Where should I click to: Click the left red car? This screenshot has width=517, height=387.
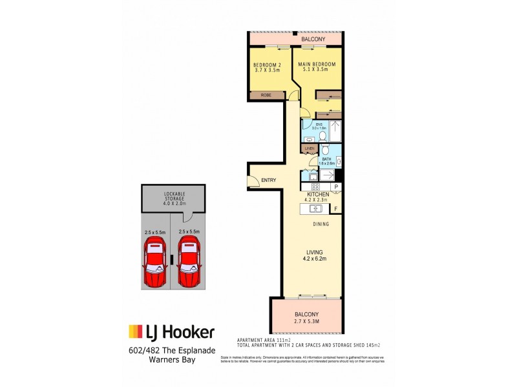(155, 263)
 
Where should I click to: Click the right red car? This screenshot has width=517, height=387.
(189, 263)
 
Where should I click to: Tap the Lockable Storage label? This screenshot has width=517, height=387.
(173, 199)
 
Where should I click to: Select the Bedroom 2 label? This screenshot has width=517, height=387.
(266, 67)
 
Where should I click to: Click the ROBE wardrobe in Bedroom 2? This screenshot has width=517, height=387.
(266, 95)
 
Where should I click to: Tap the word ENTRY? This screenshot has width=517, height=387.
(268, 181)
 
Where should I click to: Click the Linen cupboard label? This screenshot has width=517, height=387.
(310, 148)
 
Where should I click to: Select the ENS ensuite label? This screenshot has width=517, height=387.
(319, 125)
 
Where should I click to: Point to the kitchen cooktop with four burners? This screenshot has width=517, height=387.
(308, 187)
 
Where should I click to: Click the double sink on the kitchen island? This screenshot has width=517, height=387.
(316, 208)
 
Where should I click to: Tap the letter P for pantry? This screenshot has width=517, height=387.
(336, 187)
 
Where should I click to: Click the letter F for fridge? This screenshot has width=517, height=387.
(335, 208)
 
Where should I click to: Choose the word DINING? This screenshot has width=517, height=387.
(321, 224)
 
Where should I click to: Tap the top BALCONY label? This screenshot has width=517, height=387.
(312, 40)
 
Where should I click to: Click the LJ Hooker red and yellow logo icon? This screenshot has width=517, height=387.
(135, 332)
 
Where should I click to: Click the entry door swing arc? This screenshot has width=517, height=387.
(253, 181)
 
